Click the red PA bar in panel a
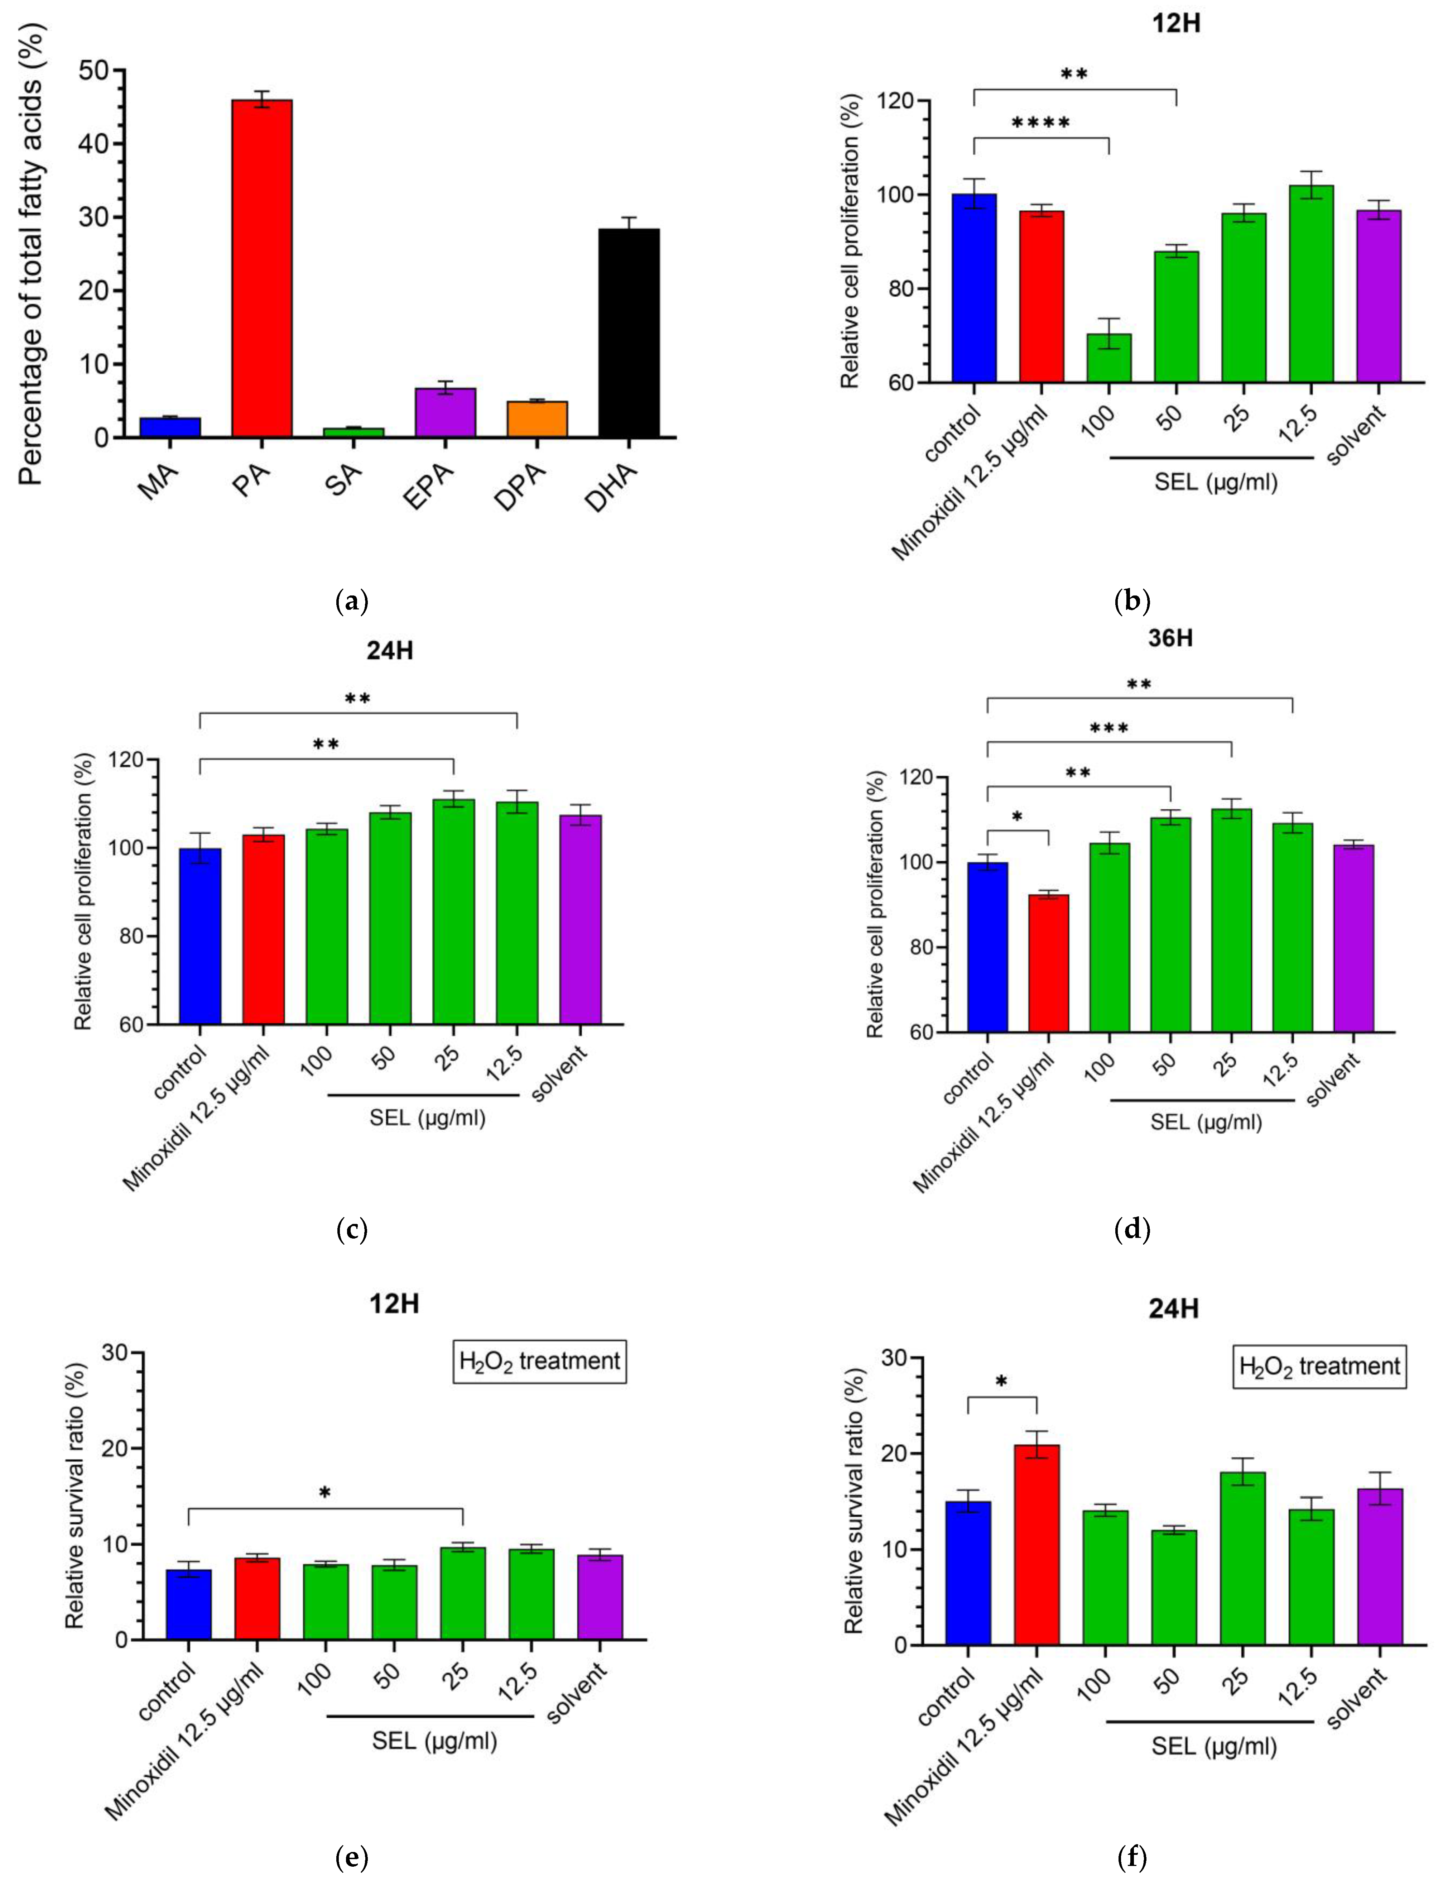pos(262,268)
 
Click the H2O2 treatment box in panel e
pos(539,1360)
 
